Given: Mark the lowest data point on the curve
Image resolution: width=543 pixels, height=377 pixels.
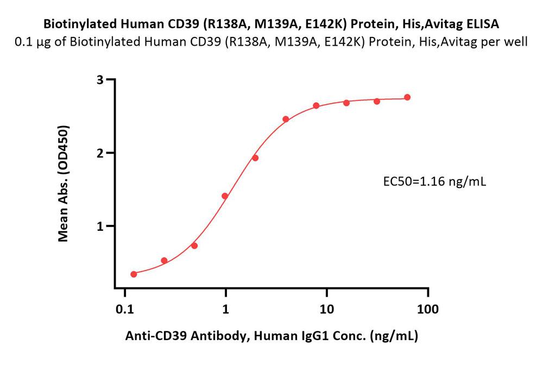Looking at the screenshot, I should coord(134,274).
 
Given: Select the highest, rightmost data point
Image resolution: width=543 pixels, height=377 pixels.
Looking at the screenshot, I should coord(407,97).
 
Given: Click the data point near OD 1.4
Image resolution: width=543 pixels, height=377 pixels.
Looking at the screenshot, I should coord(225,196).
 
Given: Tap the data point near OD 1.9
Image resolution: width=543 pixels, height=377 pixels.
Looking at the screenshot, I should coord(255,158).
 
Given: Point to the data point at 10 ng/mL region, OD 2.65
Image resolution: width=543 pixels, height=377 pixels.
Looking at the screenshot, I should coord(316,105).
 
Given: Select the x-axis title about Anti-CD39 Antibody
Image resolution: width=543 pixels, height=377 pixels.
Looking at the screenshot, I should coord(271,336).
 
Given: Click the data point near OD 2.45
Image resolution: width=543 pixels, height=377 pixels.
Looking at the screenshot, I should coord(286,119).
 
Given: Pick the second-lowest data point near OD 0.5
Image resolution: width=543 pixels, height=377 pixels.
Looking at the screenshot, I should coord(164,261).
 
